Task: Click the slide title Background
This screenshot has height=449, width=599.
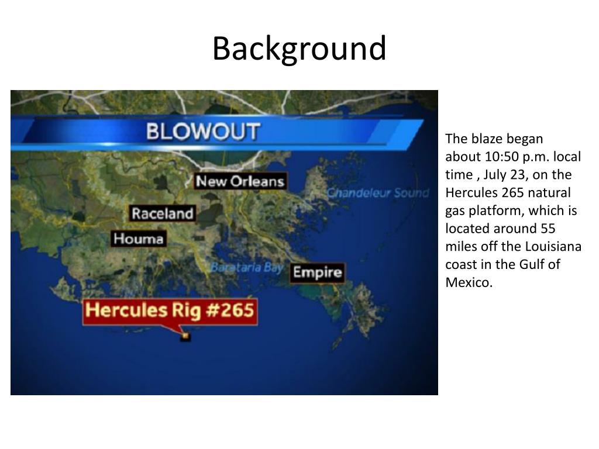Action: (299, 49)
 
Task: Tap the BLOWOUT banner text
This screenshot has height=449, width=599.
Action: (202, 131)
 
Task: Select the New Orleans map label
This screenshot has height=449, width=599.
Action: (240, 181)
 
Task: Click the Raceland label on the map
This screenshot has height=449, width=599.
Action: (162, 213)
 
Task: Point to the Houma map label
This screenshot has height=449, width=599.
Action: (139, 239)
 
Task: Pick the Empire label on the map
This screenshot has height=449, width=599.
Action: (317, 272)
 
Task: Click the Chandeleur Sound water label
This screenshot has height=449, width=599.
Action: (377, 193)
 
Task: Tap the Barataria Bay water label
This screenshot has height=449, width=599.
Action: (246, 267)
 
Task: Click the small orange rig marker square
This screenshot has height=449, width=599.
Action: (186, 336)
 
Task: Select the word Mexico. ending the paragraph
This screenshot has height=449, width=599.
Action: (469, 282)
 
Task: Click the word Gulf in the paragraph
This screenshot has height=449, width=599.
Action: (531, 264)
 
